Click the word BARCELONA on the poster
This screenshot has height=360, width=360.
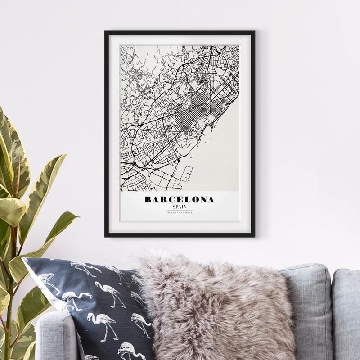tap(180, 199)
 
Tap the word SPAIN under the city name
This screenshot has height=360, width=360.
tap(180, 207)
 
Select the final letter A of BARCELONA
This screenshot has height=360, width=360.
tap(211, 199)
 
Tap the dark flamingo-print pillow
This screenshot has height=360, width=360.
tap(99, 306)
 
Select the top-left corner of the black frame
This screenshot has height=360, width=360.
tap(106, 32)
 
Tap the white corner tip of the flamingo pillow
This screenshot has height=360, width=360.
tap(25, 260)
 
